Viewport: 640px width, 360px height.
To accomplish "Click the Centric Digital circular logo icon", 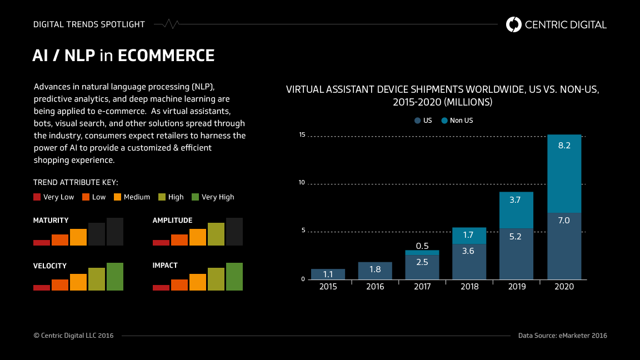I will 514,24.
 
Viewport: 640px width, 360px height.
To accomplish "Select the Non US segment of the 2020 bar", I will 564,173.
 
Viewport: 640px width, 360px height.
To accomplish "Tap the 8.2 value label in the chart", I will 564,146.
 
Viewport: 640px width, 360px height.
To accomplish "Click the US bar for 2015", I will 328,274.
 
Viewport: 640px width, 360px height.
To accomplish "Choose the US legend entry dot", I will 417,121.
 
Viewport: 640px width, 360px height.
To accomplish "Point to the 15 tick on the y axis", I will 302,135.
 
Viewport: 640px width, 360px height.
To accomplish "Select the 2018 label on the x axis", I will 469,287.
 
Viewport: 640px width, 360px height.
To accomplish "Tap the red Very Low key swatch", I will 37,197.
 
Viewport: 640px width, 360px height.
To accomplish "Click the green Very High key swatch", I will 195,197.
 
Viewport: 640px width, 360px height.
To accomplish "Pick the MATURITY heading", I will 51,221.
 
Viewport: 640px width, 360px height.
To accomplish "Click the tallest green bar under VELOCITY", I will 114,277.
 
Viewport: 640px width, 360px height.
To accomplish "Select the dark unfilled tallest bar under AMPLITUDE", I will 234,232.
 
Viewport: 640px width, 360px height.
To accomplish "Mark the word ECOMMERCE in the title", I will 166,56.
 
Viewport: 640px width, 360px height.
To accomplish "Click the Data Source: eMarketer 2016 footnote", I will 562,336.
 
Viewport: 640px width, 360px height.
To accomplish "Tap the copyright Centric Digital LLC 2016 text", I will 73,336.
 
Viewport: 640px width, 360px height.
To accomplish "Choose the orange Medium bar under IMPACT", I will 197,282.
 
